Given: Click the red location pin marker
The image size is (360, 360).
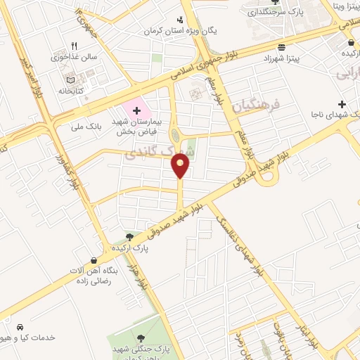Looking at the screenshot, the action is tap(181, 165).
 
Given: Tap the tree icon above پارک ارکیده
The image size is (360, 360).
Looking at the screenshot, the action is tap(129, 238).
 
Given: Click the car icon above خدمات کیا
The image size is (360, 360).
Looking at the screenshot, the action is tap(20, 328).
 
